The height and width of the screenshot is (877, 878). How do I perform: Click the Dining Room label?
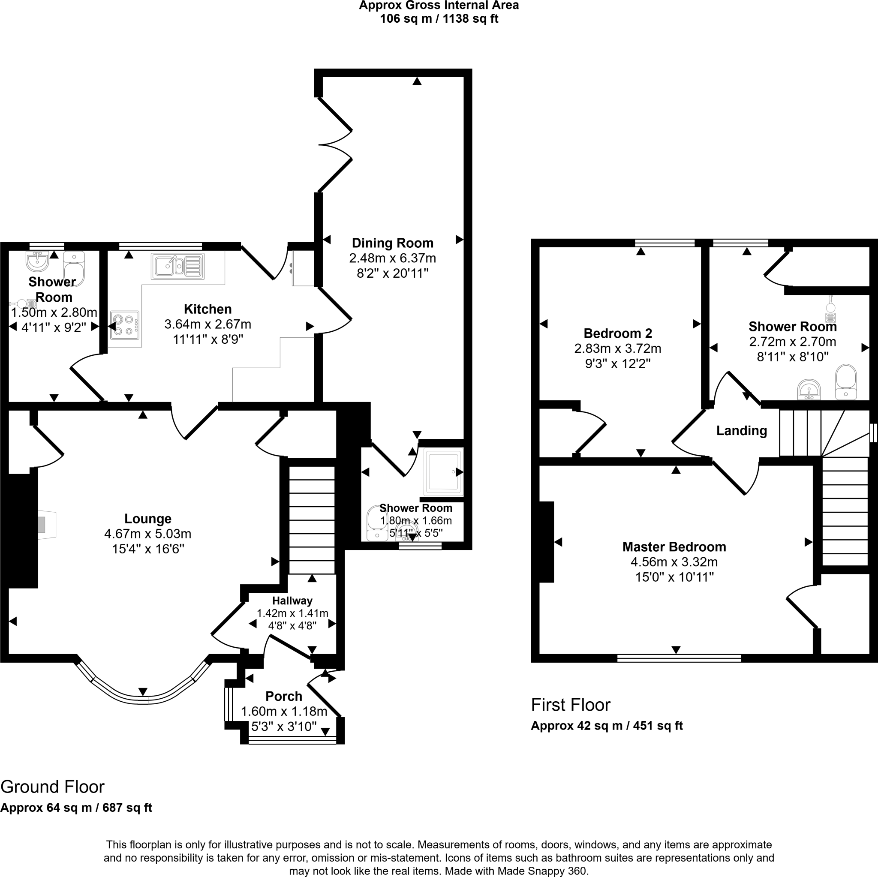coord(392,243)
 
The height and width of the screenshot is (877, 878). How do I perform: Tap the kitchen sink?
coord(177,266)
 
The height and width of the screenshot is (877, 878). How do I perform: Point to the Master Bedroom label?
coord(674,547)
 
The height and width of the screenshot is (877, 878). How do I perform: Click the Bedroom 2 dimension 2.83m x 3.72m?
coord(618,348)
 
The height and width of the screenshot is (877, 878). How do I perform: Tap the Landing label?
coord(741,430)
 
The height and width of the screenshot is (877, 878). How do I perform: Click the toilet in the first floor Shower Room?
coord(846,381)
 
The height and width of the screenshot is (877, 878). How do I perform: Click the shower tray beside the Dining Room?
coord(443,471)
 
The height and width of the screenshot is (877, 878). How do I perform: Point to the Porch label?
coord(283,696)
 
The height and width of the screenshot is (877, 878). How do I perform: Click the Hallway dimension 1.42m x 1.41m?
coord(292,613)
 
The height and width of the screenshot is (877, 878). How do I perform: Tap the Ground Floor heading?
coord(52,787)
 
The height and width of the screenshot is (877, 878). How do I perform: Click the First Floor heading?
coord(570,705)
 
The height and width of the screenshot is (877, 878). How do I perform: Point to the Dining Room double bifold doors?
coord(335,144)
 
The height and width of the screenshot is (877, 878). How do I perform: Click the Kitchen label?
coord(207,309)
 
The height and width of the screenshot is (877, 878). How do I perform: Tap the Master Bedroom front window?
coord(679,658)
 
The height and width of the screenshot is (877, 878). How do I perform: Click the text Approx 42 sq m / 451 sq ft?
coord(606,726)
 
